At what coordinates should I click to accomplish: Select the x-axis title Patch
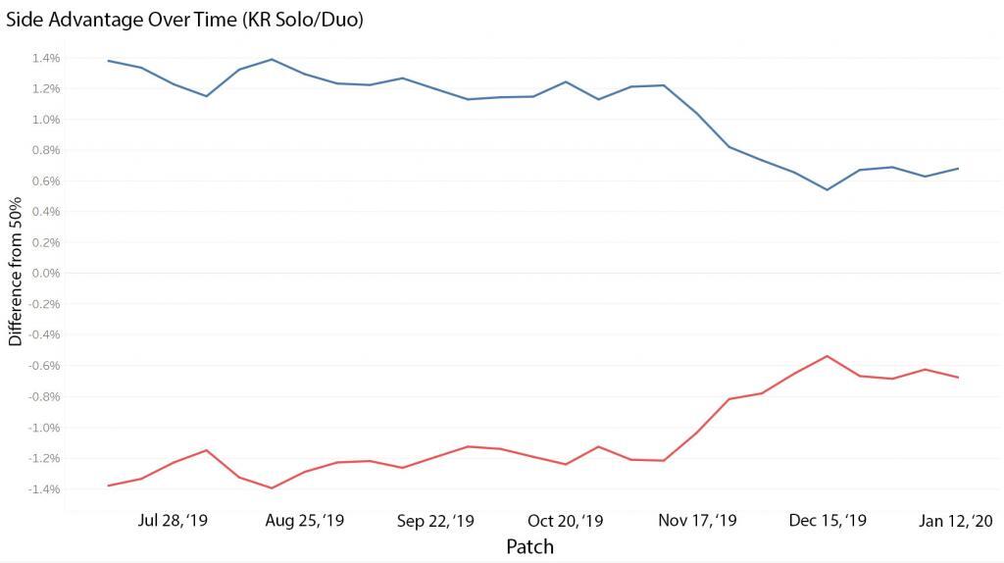(529, 546)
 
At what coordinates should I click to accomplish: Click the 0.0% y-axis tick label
(47, 274)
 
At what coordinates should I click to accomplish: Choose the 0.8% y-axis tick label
(47, 150)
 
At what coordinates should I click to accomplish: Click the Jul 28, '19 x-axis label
(174, 521)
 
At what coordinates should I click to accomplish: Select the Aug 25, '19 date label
(305, 521)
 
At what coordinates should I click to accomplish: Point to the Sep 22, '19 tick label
(435, 521)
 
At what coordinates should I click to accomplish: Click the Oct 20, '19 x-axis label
(567, 521)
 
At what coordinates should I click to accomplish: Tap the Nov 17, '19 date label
(698, 521)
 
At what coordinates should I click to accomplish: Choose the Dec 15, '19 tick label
(828, 521)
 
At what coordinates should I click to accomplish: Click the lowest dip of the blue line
(828, 189)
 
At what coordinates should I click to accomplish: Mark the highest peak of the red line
(828, 356)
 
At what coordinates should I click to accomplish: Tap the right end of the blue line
(958, 169)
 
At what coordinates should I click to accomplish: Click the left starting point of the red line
(108, 486)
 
